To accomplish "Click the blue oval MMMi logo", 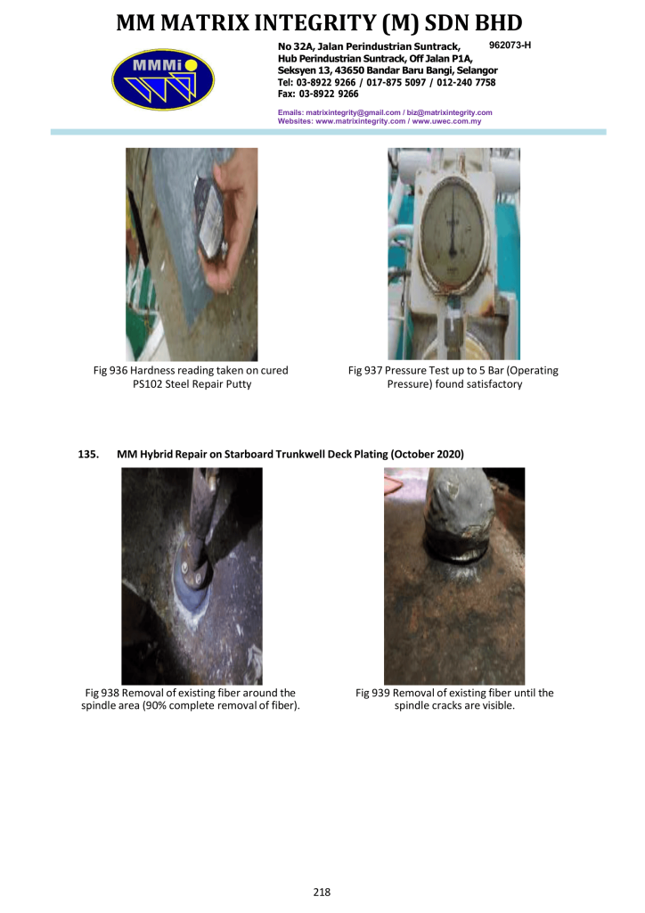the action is coord(163,79).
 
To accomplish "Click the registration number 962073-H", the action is coord(510,45).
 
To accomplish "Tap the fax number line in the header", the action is coord(317,94).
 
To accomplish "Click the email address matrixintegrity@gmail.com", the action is coord(353,112).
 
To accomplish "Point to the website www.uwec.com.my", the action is coord(446,121).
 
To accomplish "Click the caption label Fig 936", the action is coord(110,370).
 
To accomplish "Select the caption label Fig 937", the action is coord(364,370).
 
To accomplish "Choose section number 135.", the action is coord(88,454).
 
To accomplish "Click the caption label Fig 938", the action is coord(102,693).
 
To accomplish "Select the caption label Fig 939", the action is coord(372,693).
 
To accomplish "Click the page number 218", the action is coord(322,892).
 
